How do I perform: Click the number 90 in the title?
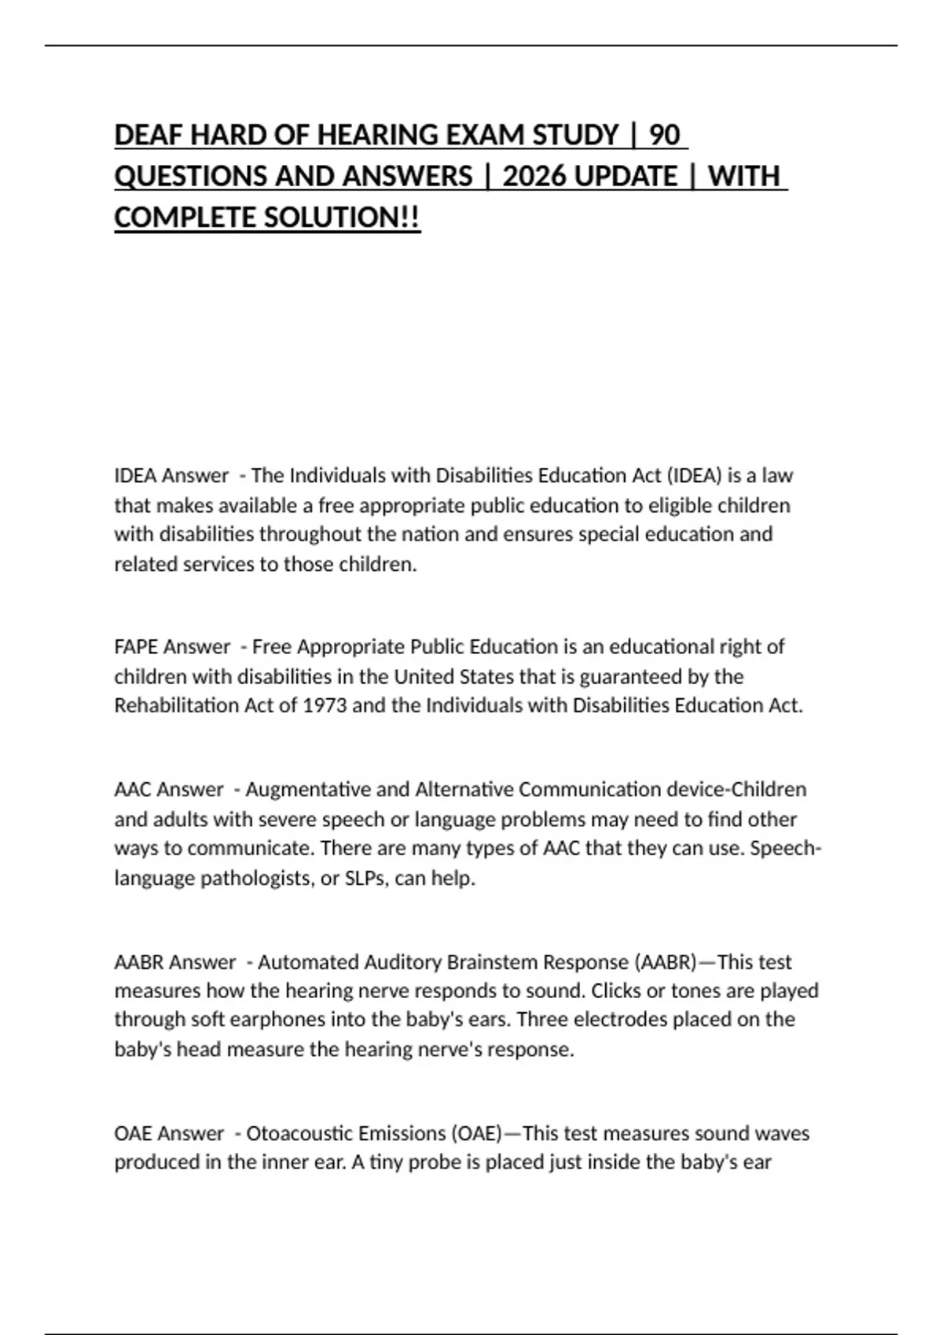coord(665,135)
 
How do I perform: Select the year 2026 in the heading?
coord(535,176)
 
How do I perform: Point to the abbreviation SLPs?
coord(365,878)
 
